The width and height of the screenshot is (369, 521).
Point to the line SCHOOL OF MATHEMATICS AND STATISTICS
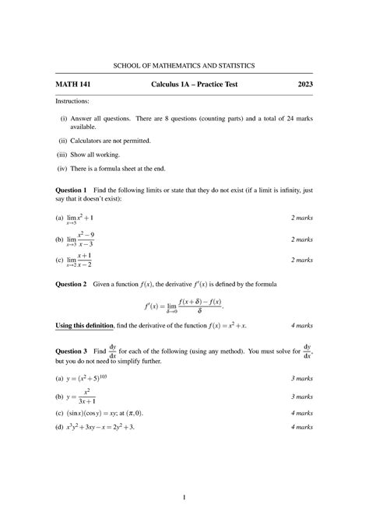pos(184,66)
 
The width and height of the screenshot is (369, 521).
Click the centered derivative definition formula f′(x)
pos(184,306)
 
